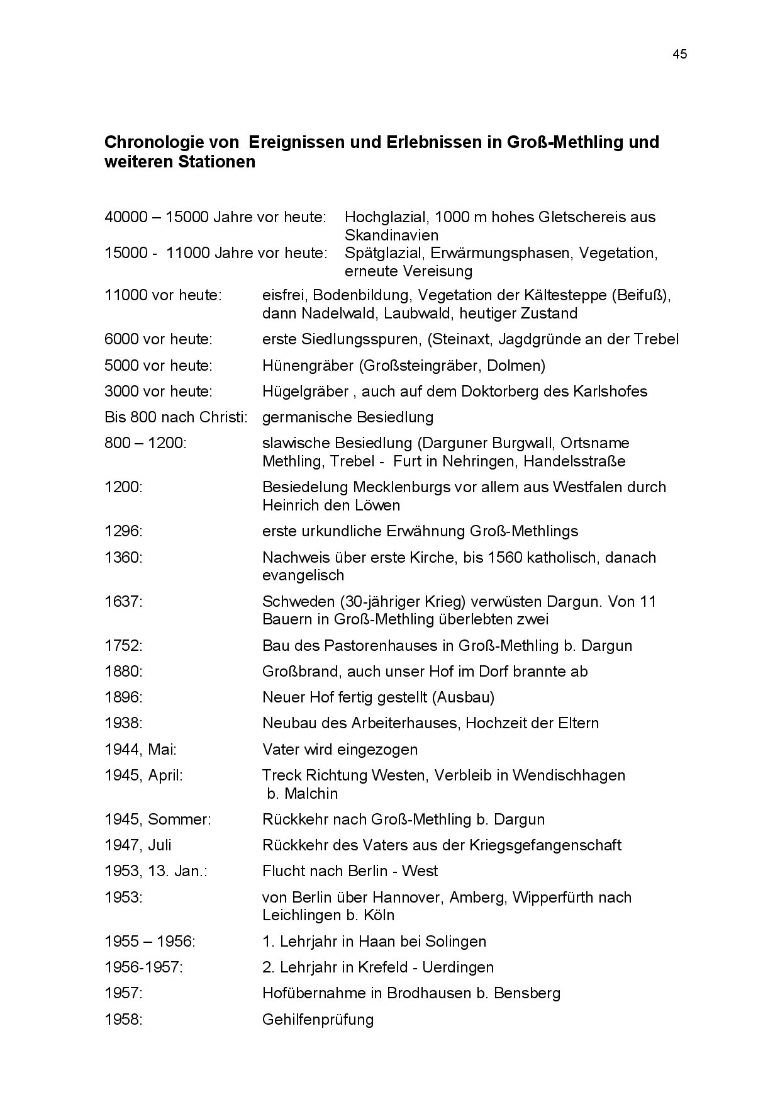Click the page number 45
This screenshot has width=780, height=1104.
point(679,54)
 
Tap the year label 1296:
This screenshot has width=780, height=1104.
point(123,531)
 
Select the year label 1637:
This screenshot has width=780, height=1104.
point(123,602)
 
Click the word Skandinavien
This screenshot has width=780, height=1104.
point(391,235)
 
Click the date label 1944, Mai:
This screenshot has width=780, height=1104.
point(140,750)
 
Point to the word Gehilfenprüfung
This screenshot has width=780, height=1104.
point(318,1020)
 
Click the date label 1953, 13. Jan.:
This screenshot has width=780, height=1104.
point(156,871)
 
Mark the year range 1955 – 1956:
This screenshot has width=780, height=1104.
point(150,942)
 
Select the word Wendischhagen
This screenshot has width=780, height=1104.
point(569,775)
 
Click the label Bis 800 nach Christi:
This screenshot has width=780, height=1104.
point(175,417)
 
